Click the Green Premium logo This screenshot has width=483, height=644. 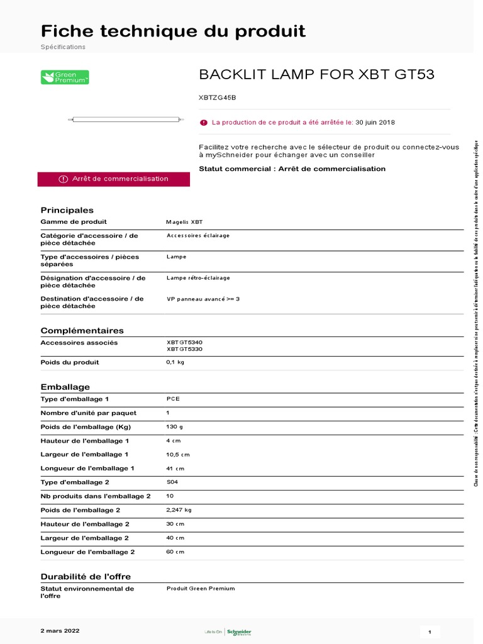[65, 77]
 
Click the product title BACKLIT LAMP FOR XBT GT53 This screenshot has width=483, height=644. [316, 75]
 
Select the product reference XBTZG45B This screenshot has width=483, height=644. [218, 97]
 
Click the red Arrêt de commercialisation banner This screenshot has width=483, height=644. [114, 179]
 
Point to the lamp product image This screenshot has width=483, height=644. [127, 119]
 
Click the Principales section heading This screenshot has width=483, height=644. [67, 210]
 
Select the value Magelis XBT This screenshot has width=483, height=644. [184, 222]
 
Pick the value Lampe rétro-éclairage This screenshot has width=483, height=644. [198, 277]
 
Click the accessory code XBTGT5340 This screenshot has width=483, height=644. [184, 342]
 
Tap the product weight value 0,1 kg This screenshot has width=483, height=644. [175, 362]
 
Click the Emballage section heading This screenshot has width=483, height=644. [65, 387]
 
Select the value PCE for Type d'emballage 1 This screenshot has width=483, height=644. [173, 399]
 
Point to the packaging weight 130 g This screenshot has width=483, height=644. [175, 426]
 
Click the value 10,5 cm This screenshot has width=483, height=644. [178, 454]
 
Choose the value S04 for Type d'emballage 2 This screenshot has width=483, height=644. [173, 482]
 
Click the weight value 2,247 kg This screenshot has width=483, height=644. [179, 509]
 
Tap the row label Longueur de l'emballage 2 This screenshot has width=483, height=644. [88, 552]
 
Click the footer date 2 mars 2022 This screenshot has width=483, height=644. [60, 630]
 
